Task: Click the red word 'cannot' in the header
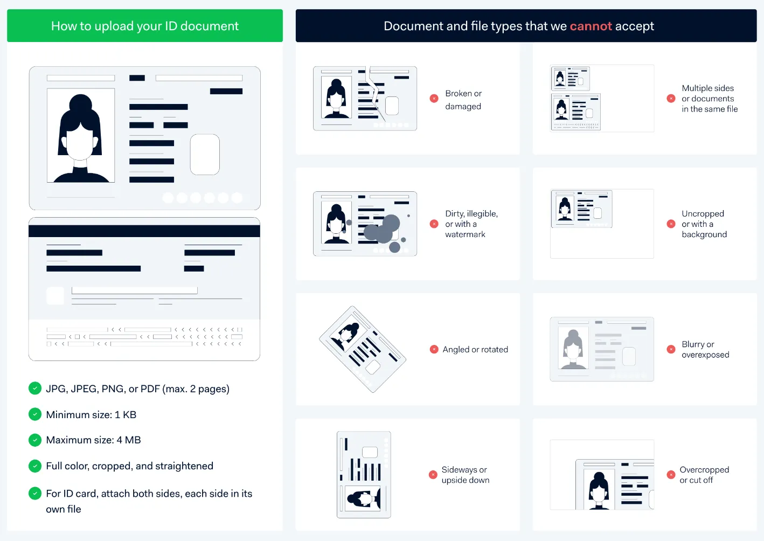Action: tap(591, 26)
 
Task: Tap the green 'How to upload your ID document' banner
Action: tap(144, 26)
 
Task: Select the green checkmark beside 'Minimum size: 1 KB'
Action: tap(35, 414)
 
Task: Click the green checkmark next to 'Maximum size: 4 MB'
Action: tap(35, 440)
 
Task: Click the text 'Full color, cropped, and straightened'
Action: tap(129, 466)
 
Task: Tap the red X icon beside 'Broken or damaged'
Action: tap(434, 99)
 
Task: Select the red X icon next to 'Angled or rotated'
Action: tap(434, 349)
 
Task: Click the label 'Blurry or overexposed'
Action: tap(705, 349)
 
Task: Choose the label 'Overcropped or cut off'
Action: tap(704, 475)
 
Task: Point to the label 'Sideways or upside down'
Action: tap(465, 475)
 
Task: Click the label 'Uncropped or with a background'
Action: tap(704, 224)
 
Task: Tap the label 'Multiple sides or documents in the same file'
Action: tap(709, 99)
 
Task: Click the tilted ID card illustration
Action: tap(362, 349)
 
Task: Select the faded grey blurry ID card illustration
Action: tap(601, 349)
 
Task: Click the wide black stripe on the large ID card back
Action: tap(144, 231)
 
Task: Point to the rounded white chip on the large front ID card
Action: tap(205, 155)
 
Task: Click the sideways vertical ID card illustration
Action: tap(364, 475)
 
